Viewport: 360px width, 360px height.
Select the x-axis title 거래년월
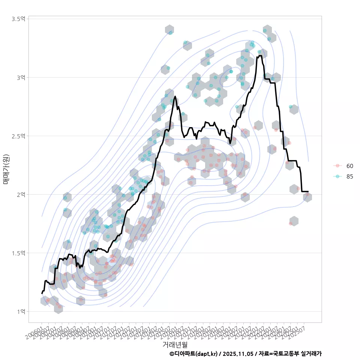point(175,344)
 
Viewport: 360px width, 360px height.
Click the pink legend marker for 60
point(337,166)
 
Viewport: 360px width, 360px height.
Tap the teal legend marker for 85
point(337,176)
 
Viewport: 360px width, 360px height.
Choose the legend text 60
point(350,166)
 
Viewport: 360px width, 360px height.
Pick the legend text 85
point(350,176)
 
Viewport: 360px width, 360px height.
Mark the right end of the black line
point(308,192)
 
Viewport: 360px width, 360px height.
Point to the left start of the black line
point(42,293)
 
